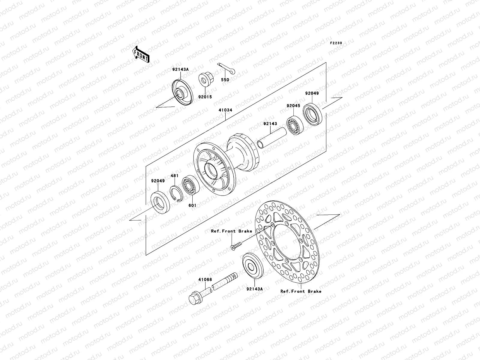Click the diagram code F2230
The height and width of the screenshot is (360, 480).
click(336, 43)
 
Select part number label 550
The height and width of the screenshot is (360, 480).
click(225, 80)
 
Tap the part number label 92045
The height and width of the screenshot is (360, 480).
click(293, 106)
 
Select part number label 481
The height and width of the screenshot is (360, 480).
click(175, 175)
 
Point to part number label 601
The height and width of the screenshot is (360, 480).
click(192, 205)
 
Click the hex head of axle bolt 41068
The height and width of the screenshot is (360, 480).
click(195, 298)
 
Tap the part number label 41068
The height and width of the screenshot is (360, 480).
click(205, 280)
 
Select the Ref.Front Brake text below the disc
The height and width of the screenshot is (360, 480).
click(301, 291)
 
